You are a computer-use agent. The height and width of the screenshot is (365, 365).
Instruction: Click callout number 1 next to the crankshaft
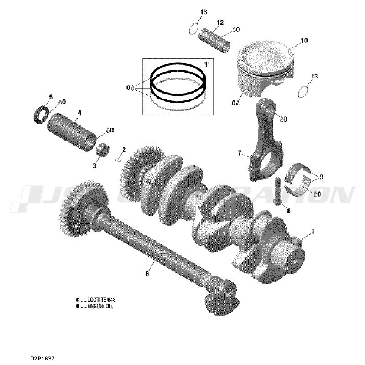pos(313,232)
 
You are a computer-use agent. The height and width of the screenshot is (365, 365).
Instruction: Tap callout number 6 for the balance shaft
pos(147,274)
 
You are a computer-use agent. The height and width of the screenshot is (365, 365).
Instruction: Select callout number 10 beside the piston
pos(304,41)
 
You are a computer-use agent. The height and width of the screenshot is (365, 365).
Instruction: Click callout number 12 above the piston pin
pos(220,22)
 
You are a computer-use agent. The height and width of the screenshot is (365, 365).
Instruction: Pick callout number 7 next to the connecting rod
pos(239,153)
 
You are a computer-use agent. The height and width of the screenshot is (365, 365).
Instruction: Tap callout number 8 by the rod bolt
pos(288,210)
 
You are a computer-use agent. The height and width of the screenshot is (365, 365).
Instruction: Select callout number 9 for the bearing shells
pos(321,177)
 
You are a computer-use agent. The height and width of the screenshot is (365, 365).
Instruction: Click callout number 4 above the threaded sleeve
pos(79,112)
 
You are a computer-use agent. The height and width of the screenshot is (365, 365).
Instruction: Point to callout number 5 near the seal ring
pos(51,97)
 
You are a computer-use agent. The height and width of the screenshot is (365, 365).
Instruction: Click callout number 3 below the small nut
pos(95,166)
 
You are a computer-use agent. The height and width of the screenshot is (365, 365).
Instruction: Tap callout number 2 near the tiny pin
pos(123,149)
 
